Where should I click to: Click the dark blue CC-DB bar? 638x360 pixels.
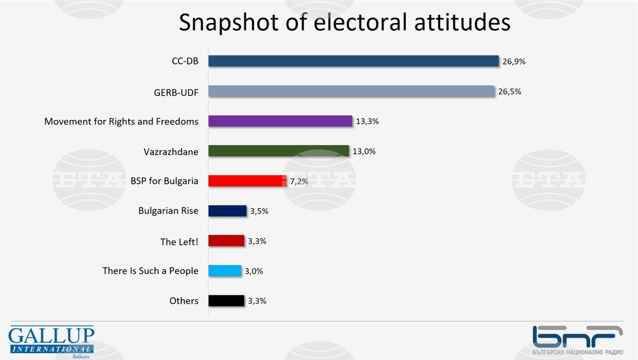[353, 61]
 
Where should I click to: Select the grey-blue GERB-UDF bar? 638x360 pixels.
[352, 91]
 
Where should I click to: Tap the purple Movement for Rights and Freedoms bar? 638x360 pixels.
[280, 121]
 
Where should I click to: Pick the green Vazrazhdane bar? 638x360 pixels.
[279, 151]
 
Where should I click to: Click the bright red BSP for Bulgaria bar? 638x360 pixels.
[246, 181]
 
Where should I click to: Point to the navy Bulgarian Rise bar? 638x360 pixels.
[227, 211]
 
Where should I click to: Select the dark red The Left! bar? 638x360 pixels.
[226, 241]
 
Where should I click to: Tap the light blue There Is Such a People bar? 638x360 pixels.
[225, 271]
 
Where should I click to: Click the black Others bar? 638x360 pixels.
[226, 301]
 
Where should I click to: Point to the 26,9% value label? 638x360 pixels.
[514, 61]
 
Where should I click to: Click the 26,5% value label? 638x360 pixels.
[510, 91]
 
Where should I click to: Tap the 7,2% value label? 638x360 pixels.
[299, 181]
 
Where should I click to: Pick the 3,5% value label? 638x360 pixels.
[259, 211]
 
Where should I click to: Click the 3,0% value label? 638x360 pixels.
[254, 271]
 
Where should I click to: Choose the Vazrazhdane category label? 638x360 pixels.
[171, 151]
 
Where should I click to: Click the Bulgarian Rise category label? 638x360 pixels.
[168, 211]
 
